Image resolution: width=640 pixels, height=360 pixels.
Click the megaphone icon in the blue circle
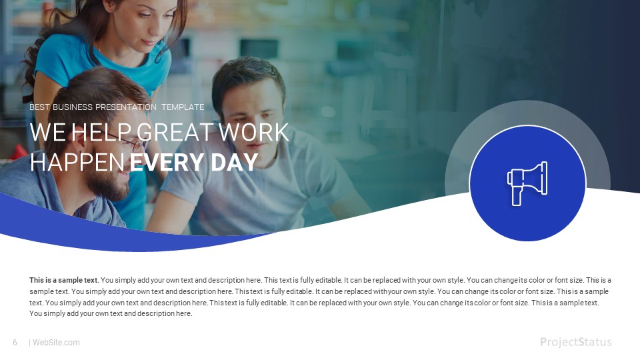click(527, 183)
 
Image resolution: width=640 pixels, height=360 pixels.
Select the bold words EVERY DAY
click(193, 162)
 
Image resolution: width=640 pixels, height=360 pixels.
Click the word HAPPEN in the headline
click(77, 162)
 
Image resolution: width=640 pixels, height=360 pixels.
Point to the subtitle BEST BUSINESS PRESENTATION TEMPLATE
click(117, 107)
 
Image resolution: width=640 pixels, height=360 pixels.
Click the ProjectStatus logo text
click(575, 342)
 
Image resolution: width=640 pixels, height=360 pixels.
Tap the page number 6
click(15, 343)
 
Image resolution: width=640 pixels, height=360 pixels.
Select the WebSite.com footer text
click(56, 343)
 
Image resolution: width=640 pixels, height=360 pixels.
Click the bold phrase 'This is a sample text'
click(63, 280)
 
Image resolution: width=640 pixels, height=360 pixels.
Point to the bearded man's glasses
click(137, 145)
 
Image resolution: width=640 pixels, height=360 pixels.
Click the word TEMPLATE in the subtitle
click(183, 107)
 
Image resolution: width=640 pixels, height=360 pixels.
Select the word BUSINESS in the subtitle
click(73, 107)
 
